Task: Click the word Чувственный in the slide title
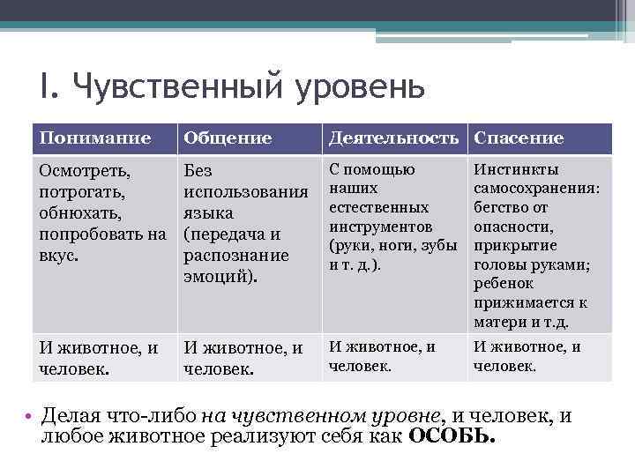(173, 89)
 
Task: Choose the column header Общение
(227, 138)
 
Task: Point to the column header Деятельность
(393, 138)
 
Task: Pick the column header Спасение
(519, 138)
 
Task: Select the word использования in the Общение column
(244, 191)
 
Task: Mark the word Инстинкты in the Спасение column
(516, 169)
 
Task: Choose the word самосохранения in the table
(535, 189)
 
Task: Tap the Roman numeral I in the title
(44, 89)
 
